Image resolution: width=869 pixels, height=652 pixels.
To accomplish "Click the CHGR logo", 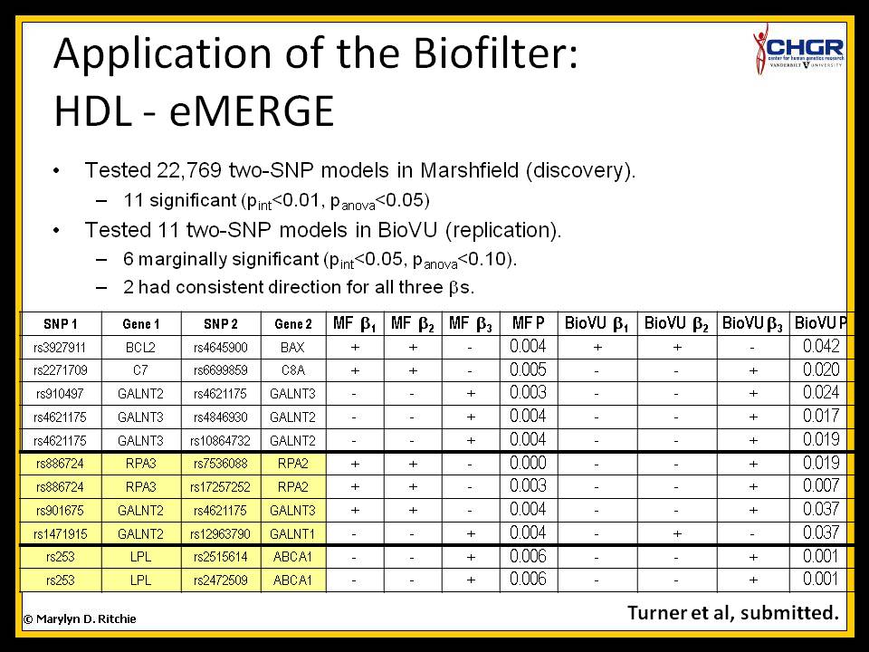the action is pos(798,49).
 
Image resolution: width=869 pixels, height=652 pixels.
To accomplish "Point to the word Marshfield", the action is pos(470,169).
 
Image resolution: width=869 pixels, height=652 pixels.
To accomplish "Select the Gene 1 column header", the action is pos(141,324).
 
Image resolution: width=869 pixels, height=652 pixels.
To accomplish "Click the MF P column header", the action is pos(528,323).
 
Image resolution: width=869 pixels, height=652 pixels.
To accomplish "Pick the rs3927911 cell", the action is pos(60,348).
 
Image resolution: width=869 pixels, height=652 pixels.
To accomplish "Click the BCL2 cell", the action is pos(141,348).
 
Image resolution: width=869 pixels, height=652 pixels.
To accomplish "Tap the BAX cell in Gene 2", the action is pos(292,348).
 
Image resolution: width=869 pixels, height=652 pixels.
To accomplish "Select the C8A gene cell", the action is pos(292,370).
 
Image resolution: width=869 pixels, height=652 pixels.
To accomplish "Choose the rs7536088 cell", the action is pos(221,464).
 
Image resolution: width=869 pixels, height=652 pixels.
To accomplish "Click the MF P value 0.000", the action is pos(528,463).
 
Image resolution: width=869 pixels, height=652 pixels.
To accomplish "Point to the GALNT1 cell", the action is pos(292,534).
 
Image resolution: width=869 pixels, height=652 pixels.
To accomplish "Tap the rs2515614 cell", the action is pos(221,557).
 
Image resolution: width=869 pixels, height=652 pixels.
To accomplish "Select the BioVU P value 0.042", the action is pos(821,347).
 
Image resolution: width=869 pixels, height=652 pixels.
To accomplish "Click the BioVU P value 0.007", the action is pos(821,486).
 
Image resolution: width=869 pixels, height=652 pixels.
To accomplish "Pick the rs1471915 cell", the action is pos(60,534).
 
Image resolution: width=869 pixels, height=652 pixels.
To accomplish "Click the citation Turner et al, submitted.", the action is pos(732,613).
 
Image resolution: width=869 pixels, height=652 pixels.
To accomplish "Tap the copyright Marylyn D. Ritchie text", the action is pos(80,619).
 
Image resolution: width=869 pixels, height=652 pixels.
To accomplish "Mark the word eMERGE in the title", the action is pos(252,110).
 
